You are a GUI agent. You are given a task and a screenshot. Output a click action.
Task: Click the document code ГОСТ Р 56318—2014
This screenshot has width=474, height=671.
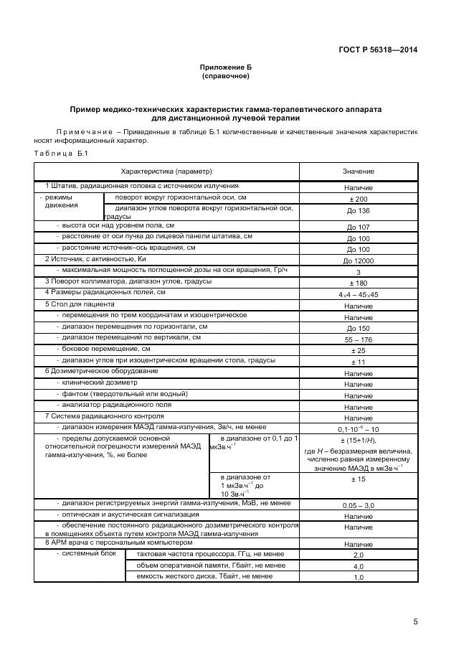click(377, 50)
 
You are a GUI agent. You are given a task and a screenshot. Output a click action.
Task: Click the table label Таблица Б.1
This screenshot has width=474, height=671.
click(60, 154)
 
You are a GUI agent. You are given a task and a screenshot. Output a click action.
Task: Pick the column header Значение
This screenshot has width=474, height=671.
click(358, 172)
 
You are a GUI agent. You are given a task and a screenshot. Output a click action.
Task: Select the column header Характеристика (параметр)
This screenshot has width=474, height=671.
click(167, 172)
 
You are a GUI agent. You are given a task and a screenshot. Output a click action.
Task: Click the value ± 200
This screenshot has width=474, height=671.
click(358, 199)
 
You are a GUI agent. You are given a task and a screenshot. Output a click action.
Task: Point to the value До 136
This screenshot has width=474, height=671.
click(358, 211)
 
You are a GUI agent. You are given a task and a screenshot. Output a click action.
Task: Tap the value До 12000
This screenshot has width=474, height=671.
click(358, 261)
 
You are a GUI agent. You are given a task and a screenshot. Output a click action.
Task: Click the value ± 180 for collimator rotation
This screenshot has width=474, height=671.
click(358, 283)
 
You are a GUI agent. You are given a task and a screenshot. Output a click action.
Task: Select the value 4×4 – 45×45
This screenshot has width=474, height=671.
click(358, 294)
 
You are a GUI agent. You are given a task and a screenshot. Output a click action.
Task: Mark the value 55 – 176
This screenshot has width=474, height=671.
click(358, 339)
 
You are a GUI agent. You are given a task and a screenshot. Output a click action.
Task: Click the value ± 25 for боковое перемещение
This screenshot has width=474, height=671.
click(358, 350)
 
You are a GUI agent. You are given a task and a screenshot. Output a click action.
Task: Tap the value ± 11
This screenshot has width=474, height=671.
click(358, 362)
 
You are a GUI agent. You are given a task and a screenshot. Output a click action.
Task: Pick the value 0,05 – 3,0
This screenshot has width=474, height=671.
click(358, 506)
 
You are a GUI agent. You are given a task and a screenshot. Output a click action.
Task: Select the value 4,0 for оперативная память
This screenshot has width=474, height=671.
click(358, 566)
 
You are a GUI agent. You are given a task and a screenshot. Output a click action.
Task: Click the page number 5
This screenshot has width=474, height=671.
click(415, 621)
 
